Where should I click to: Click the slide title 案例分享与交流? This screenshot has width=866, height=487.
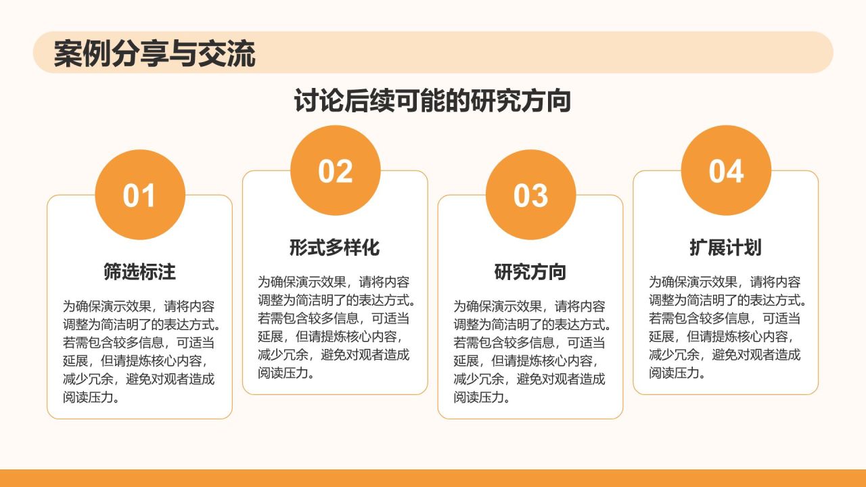154,54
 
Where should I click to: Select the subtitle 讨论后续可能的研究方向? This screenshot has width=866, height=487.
432,101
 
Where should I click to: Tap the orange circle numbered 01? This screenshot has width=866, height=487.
139,195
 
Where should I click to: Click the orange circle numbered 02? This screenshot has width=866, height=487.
336,170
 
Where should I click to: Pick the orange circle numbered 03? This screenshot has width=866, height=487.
530,195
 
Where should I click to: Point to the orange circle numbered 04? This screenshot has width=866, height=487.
726,170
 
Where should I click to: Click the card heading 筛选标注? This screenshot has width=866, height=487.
139,272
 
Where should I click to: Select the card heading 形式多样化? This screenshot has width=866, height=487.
335,248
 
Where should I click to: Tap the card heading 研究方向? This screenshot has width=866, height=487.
530,272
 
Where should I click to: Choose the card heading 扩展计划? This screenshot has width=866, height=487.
725,248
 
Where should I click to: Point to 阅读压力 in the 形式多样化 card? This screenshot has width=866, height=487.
284,373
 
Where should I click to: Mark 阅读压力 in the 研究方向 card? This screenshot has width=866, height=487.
480,397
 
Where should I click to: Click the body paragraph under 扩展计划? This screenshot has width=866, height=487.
725,327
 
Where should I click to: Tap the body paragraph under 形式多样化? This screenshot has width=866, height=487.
335,327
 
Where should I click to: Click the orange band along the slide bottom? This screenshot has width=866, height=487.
433,478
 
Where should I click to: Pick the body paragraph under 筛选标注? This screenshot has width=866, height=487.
139,352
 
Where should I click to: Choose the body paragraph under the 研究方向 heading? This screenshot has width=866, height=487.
530,352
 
